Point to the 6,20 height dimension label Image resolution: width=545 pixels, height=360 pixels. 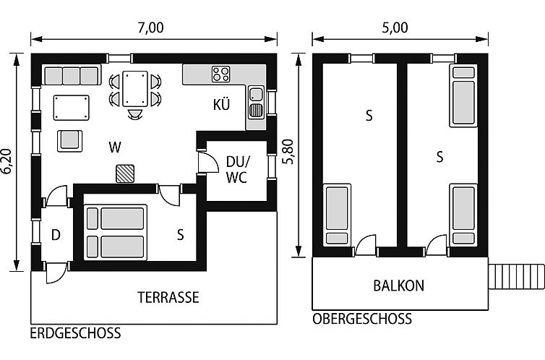click(7, 160)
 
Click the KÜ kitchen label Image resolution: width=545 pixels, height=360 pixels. click(221, 104)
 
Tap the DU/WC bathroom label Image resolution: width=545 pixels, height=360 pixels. click(236, 169)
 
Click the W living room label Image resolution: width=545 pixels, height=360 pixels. click(114, 147)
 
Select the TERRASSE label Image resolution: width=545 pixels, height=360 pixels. click(168, 297)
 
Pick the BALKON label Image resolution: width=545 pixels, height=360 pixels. click(398, 286)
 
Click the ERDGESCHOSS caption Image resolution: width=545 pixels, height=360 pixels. click(75, 333)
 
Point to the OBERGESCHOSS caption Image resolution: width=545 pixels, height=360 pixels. click(362, 319)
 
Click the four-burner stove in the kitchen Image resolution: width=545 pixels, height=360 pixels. click(221, 74)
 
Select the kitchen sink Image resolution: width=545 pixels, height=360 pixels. click(256, 102)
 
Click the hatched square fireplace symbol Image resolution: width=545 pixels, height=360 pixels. click(126, 172)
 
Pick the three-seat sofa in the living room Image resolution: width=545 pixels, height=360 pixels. click(71, 75)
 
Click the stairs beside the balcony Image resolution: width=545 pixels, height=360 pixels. click(516, 276)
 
